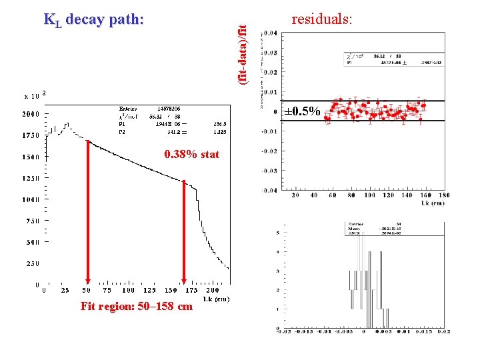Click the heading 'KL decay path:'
(x=93, y=19)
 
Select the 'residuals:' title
(x=321, y=19)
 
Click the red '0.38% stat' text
(x=191, y=155)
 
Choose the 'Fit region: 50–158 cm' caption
(x=136, y=307)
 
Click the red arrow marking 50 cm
(x=87, y=213)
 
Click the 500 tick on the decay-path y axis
(x=33, y=242)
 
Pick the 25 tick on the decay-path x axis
(x=65, y=291)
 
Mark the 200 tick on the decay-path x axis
(x=212, y=291)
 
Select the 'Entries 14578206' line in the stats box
(x=150, y=108)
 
